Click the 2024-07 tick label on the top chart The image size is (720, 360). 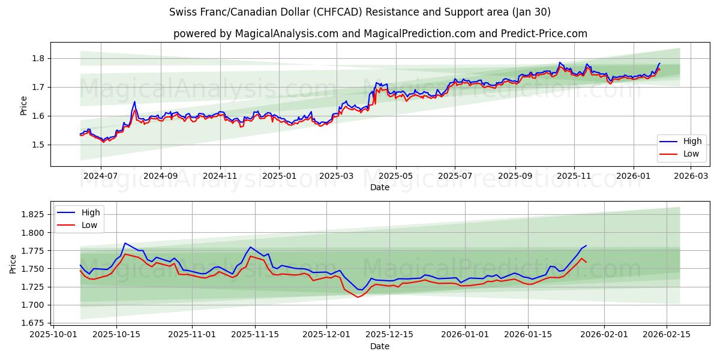click(x=100, y=176)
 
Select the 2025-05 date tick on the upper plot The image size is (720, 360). click(x=395, y=176)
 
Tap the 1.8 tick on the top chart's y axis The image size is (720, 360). click(x=38, y=58)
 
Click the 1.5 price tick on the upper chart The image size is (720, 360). click(x=38, y=145)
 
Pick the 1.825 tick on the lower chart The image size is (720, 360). click(x=32, y=214)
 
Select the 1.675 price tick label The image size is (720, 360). click(x=32, y=323)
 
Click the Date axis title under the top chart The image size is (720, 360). click(x=379, y=187)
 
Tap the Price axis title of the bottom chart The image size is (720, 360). click(x=14, y=263)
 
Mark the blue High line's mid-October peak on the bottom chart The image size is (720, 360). click(x=124, y=243)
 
